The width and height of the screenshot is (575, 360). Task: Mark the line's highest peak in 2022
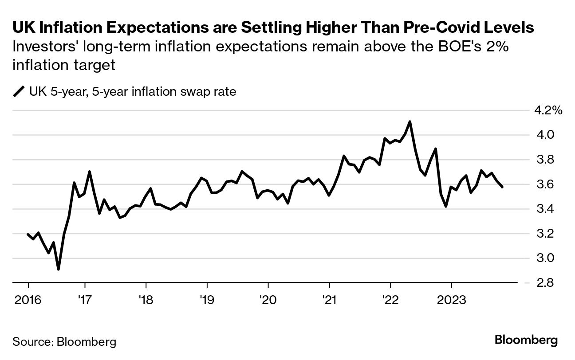pos(410,121)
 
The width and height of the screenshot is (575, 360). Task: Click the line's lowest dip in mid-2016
pos(59,269)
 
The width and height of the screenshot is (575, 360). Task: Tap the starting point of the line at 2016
pos(28,234)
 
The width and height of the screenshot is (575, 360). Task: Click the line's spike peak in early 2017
pos(89,172)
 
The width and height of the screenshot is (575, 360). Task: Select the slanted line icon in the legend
pos(19,92)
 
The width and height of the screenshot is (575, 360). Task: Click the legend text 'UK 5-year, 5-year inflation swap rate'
pos(133,92)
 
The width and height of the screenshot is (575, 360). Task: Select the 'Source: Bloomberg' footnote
pos(64,342)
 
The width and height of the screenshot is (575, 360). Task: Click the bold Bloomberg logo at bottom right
pos(526,340)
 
